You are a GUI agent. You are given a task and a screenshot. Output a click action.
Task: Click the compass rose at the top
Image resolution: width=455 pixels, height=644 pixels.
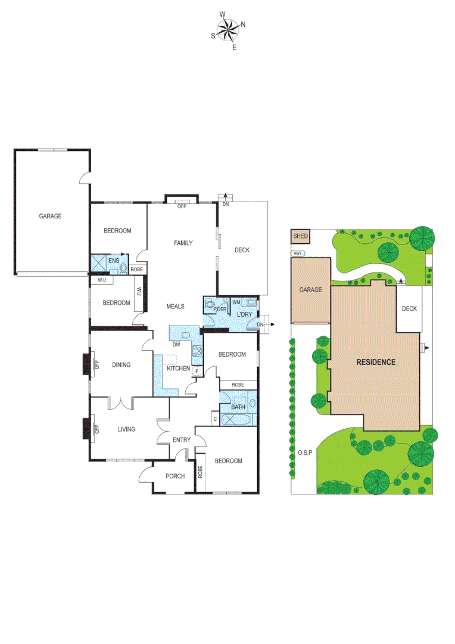(227, 29)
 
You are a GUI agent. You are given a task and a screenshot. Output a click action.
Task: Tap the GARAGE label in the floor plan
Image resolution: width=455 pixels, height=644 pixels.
(50, 216)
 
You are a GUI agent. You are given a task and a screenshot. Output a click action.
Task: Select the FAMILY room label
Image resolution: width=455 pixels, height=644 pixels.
(183, 243)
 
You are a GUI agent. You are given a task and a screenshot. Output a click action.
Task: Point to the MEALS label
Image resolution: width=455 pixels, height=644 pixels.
(175, 306)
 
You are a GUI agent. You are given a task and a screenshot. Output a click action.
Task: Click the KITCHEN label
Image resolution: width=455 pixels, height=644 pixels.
(178, 369)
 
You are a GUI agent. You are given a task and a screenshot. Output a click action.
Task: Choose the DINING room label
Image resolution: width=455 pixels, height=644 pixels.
(121, 365)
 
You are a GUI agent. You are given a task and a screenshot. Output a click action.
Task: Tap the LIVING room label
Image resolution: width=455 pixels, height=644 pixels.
(126, 429)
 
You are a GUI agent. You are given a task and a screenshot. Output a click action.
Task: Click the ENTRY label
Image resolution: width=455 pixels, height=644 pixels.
(182, 440)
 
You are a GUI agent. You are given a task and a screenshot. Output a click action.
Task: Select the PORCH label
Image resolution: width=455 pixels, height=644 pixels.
(175, 476)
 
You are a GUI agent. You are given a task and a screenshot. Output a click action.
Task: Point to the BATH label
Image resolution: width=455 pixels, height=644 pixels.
(238, 407)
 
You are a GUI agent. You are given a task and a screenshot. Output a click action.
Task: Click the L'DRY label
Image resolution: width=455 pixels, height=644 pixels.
(244, 314)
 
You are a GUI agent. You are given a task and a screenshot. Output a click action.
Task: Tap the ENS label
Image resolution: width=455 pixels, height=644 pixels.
(114, 260)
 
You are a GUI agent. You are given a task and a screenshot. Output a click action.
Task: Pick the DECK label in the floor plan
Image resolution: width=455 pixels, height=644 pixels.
(242, 250)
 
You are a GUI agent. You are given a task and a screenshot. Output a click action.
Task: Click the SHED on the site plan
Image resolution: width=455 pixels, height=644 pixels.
(300, 236)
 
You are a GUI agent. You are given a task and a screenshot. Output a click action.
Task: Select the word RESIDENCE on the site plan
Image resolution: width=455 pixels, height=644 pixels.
(376, 362)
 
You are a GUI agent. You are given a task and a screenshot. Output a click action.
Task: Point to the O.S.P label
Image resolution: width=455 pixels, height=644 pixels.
(305, 453)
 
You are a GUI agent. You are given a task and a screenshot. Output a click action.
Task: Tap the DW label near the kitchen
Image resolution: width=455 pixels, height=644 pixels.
(176, 345)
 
